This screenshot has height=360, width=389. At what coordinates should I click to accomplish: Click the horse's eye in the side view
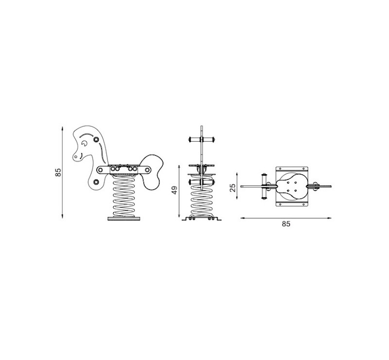(84, 143)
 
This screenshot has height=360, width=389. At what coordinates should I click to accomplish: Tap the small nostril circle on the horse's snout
(76, 157)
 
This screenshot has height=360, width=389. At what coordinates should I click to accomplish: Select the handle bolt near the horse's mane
(96, 140)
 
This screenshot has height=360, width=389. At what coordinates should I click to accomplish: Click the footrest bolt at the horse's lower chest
(96, 182)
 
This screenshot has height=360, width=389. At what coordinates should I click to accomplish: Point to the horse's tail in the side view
(152, 172)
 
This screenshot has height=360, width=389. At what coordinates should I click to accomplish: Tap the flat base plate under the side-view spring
(124, 218)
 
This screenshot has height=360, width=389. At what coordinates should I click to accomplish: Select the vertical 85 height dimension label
(58, 172)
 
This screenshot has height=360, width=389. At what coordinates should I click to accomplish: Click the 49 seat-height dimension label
(175, 190)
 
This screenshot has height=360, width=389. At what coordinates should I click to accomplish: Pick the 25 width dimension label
(233, 188)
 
